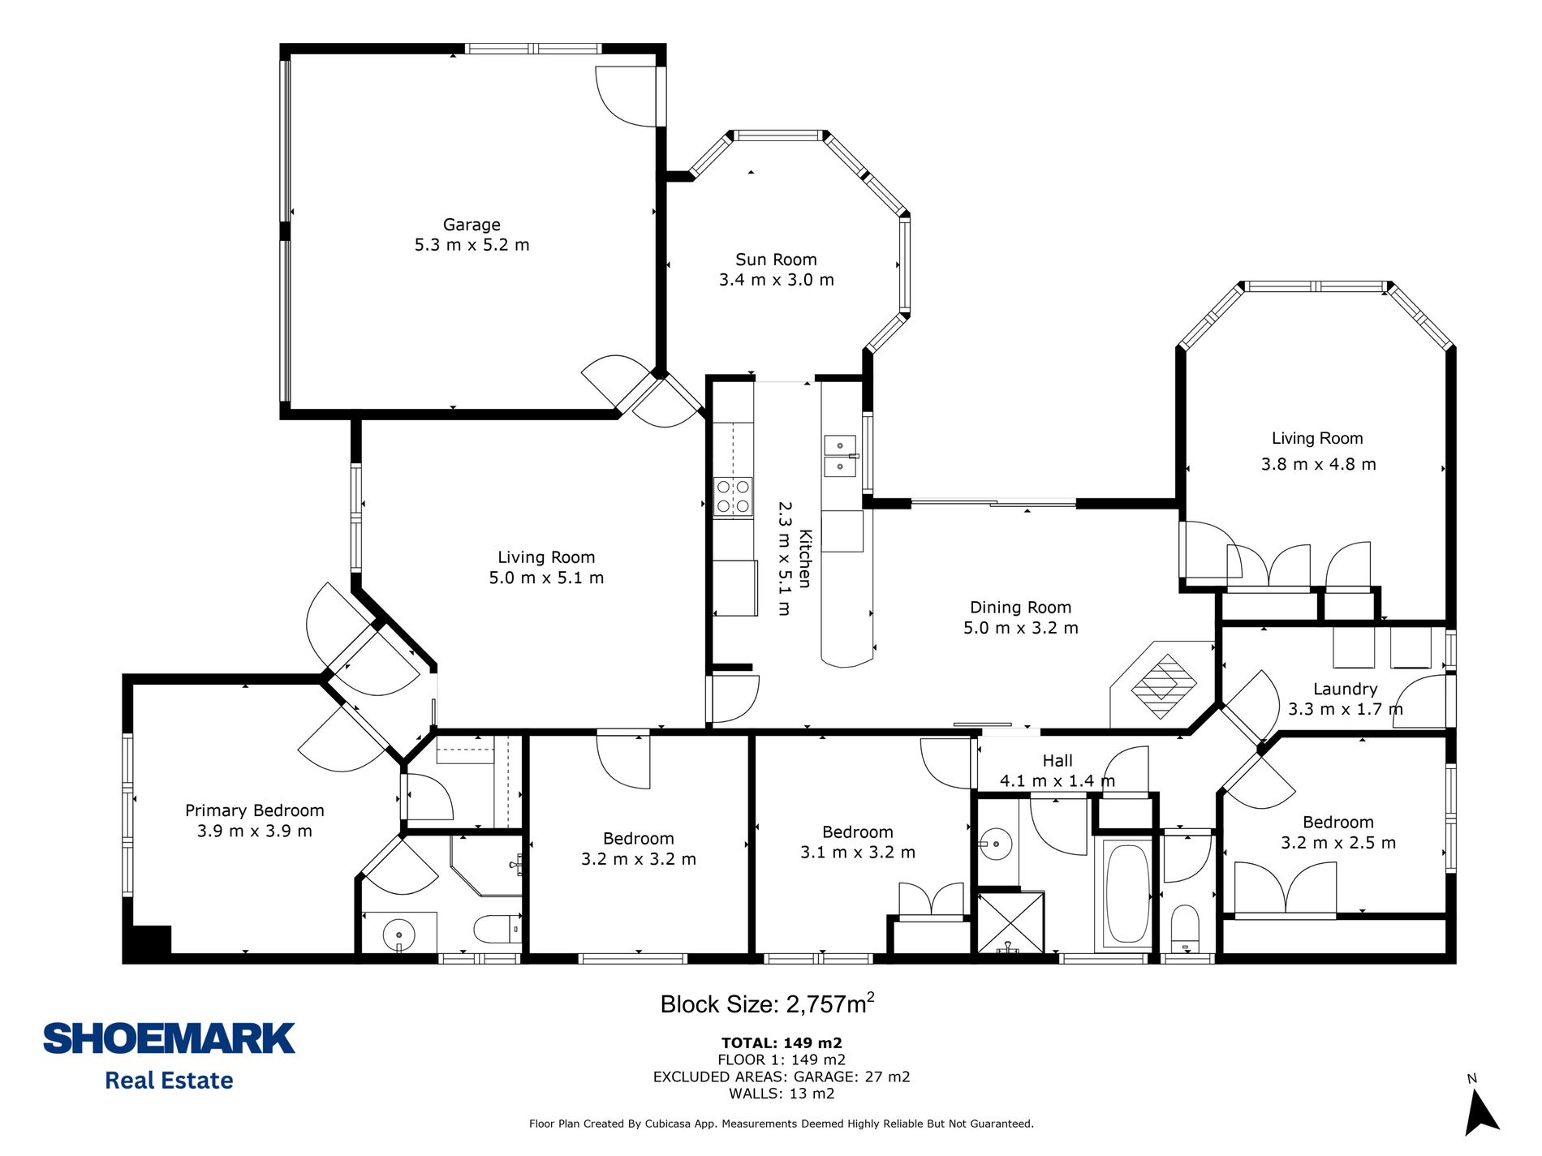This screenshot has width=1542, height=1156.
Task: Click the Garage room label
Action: [472, 225]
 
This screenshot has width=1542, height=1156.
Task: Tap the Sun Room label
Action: [776, 260]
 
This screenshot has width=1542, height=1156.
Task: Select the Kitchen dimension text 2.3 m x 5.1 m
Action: [784, 558]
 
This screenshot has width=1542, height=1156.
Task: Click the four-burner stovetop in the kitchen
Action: [733, 496]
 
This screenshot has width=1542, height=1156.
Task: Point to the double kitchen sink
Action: [840, 456]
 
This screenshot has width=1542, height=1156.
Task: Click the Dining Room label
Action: [1020, 608]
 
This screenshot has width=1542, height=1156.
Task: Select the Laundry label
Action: [1345, 689]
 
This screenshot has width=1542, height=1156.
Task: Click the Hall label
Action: [1057, 761]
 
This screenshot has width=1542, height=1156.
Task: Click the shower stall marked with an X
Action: [1010, 923]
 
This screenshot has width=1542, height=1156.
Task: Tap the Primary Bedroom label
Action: [254, 810]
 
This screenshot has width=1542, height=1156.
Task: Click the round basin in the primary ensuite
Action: [398, 935]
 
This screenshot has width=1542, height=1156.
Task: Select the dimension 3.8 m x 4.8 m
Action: [1318, 465]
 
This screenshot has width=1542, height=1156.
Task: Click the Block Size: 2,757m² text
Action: [767, 1003]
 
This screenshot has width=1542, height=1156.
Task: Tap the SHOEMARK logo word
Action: [169, 1039]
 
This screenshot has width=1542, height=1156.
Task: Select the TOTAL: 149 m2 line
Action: [782, 1043]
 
